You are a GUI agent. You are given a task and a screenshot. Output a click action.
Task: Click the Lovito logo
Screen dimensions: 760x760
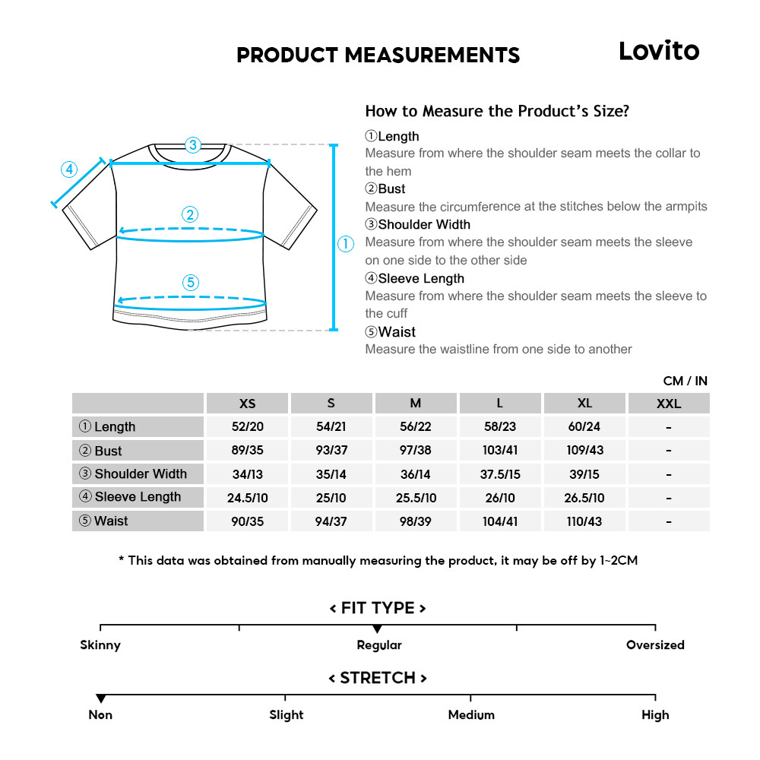(658, 51)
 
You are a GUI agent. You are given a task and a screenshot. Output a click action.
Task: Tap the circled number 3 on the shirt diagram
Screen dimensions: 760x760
(193, 144)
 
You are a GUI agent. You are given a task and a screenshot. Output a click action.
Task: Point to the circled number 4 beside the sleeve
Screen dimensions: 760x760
(69, 169)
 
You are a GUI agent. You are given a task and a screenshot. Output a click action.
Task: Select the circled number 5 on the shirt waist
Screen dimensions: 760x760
(191, 283)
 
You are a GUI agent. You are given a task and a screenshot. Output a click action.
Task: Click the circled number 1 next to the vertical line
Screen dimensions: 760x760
(346, 243)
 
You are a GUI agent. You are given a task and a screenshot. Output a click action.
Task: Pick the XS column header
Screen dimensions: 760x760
(248, 404)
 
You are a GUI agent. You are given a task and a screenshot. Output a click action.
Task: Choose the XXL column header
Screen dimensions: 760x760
(669, 404)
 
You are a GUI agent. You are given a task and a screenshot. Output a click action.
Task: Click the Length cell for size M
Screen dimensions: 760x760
(416, 427)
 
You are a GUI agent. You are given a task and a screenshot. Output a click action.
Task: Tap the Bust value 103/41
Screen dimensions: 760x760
(500, 451)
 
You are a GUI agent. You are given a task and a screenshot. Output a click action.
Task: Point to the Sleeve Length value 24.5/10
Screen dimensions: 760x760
(248, 498)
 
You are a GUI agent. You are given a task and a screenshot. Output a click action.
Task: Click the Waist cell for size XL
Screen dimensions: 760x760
(584, 521)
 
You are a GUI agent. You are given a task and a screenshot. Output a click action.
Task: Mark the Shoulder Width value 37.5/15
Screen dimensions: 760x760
(500, 474)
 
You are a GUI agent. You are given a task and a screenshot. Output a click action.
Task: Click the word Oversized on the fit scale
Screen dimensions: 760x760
(655, 645)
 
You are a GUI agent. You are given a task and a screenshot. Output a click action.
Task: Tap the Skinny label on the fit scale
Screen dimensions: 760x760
(100, 645)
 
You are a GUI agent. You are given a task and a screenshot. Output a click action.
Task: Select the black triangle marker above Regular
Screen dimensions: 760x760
(377, 629)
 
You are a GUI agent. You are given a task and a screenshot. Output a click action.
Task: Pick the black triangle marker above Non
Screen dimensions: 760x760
(100, 698)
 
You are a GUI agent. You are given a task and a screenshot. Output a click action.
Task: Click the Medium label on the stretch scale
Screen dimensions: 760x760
(471, 715)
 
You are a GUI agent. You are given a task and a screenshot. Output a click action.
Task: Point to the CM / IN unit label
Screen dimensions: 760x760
(685, 381)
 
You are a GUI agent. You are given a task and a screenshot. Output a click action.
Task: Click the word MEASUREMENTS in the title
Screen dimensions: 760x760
(432, 55)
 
